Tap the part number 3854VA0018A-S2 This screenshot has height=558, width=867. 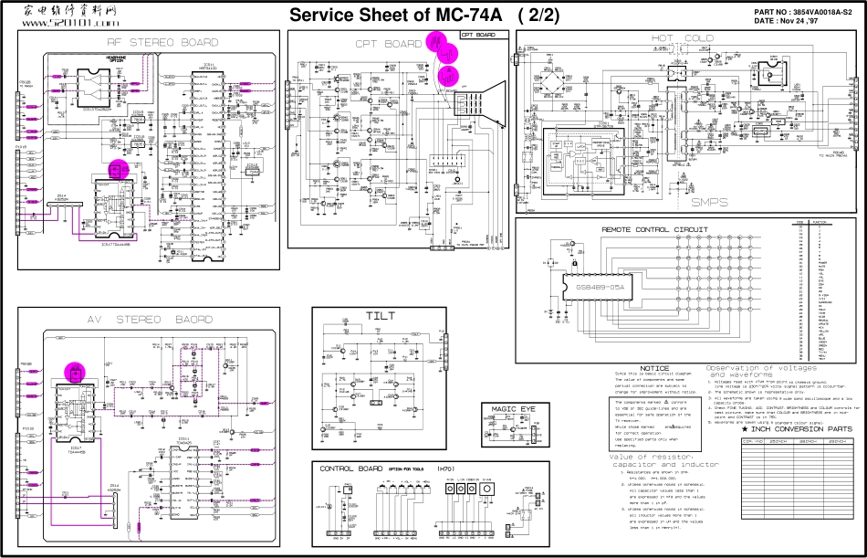(807, 11)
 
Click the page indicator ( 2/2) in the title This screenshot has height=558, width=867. (538, 16)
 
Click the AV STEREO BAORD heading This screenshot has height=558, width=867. (151, 320)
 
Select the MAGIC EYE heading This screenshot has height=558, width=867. (508, 408)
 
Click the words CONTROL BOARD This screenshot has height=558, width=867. (351, 469)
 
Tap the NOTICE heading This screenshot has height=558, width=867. (654, 368)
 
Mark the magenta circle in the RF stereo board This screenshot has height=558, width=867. (118, 169)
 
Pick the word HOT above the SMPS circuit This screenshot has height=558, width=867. (668, 38)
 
